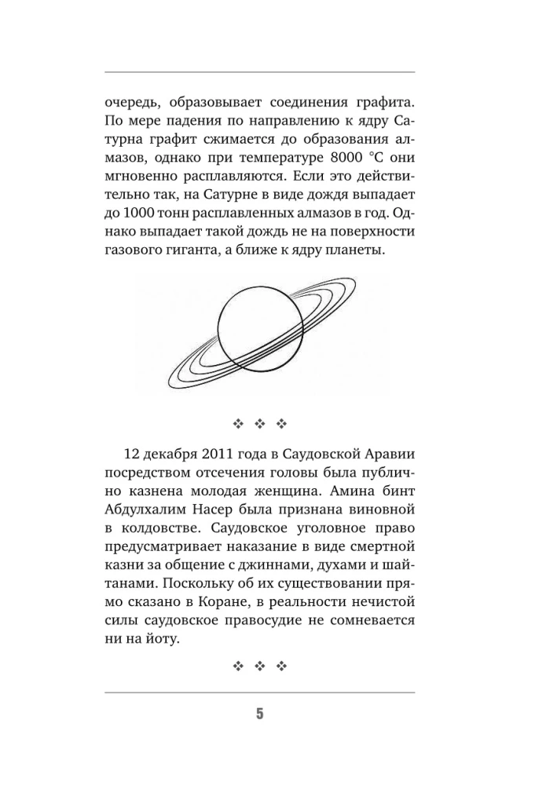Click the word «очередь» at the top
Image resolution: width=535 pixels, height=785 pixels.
(130, 102)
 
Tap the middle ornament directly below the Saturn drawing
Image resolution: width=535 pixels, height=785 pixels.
(261, 425)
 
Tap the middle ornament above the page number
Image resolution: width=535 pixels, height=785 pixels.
(261, 666)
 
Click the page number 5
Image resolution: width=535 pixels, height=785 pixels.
(260, 714)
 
